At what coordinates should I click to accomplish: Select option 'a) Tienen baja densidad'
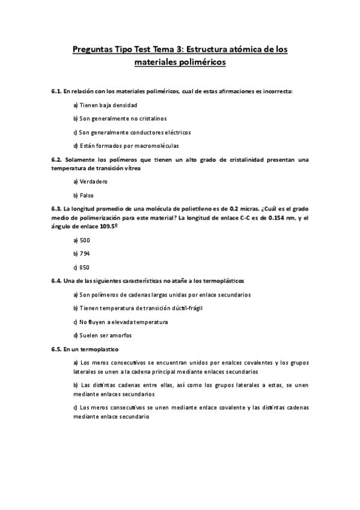(x=100, y=105)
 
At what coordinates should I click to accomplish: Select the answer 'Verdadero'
(x=90, y=182)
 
